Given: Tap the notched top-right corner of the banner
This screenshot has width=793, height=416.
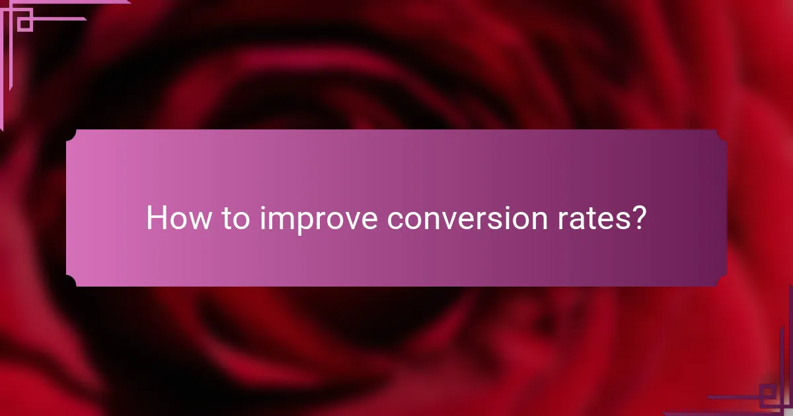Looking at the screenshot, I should [721, 135].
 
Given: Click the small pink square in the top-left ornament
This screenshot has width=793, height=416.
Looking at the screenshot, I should [25, 23].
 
